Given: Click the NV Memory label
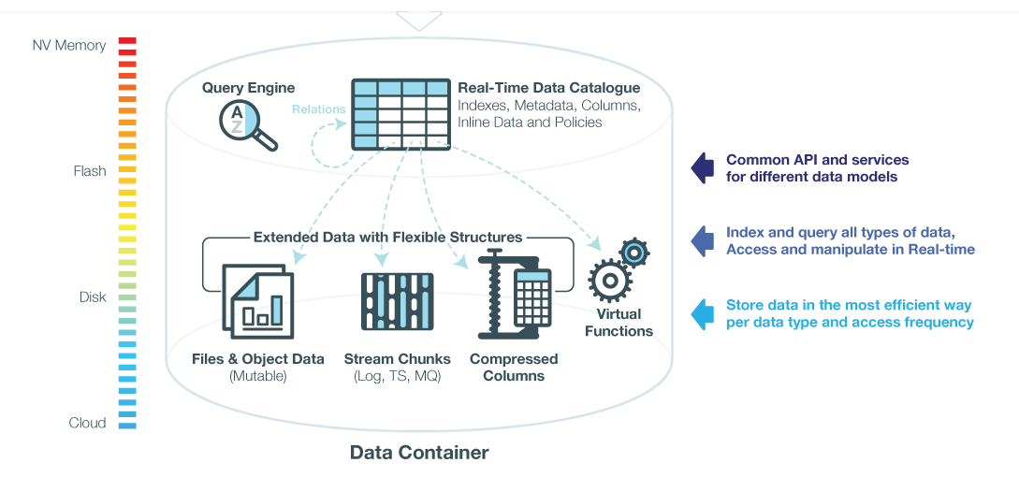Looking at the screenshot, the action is click(x=69, y=46).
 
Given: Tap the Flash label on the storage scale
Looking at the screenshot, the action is click(x=90, y=172).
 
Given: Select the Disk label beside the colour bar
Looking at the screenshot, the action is click(x=93, y=298).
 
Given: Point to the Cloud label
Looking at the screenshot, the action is click(x=87, y=423).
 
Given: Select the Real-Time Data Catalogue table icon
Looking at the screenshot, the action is click(x=401, y=114).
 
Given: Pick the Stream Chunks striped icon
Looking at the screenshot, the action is click(x=398, y=301).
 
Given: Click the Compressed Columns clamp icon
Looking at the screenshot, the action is click(x=515, y=294).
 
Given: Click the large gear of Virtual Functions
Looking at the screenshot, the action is click(x=609, y=280).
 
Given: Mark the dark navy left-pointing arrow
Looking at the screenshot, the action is click(x=702, y=168).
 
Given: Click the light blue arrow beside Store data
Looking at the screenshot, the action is click(x=702, y=314).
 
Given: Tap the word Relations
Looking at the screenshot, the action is click(x=318, y=109).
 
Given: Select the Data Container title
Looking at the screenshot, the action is click(x=419, y=453).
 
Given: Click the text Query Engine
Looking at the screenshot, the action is click(x=248, y=88).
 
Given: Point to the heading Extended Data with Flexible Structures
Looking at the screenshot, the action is click(x=388, y=238).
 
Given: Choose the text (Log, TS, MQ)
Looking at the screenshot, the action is click(x=397, y=376).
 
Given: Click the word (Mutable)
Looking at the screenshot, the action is click(x=258, y=376).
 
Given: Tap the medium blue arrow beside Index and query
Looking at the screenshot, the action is click(x=702, y=241).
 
